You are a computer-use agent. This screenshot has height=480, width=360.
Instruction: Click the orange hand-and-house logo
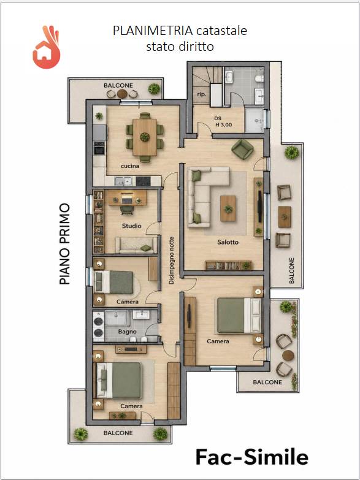46,47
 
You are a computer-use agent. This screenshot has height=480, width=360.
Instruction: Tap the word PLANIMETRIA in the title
153,31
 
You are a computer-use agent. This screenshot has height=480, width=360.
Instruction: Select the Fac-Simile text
251,457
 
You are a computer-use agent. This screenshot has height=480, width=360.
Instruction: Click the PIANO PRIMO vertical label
64,244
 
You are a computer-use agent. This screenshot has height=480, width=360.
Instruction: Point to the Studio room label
132,226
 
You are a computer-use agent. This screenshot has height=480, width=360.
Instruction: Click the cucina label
129,166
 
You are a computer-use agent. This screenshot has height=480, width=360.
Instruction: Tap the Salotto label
228,242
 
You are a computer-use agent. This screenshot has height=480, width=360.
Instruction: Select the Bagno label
127,332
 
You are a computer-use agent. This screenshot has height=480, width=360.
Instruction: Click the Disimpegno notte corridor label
172,260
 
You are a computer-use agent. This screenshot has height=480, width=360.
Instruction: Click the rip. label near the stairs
201,94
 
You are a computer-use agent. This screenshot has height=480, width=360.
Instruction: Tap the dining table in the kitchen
145,137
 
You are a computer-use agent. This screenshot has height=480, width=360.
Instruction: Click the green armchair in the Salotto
242,150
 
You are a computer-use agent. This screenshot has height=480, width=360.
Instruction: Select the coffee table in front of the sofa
228,208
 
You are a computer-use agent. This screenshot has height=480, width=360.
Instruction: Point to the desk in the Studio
126,198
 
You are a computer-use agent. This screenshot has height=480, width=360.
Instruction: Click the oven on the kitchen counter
99,150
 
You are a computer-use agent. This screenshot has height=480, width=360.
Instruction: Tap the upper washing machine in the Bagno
98,321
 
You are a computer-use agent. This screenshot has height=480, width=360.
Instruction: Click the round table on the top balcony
122,93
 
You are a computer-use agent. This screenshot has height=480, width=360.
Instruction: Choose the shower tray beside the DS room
254,120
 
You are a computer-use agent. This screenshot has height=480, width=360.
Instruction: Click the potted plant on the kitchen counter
99,116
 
